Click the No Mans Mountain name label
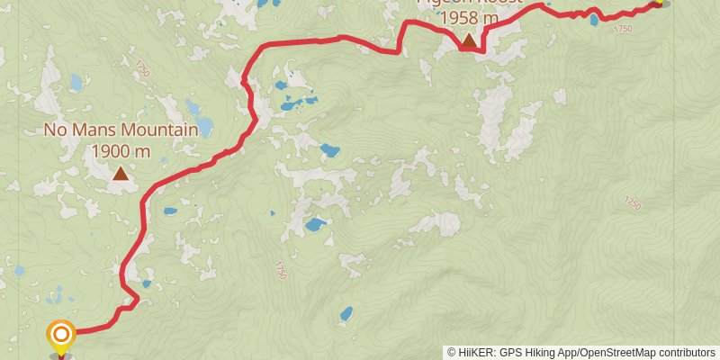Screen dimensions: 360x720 click(121, 130)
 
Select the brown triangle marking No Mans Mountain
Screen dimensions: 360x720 click(121, 174)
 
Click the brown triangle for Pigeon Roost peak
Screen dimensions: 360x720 click(469, 41)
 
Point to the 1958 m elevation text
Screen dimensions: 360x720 click(469, 18)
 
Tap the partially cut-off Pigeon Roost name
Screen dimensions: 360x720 click(469, 3)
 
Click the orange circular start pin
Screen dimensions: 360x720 click(61, 337)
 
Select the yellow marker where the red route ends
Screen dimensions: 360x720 click(658, 2)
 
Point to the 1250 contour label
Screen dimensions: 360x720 click(632, 204)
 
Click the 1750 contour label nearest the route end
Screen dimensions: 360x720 click(623, 30)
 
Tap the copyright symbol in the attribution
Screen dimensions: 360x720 click(451, 353)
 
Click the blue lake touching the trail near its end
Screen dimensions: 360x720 click(594, 20)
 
